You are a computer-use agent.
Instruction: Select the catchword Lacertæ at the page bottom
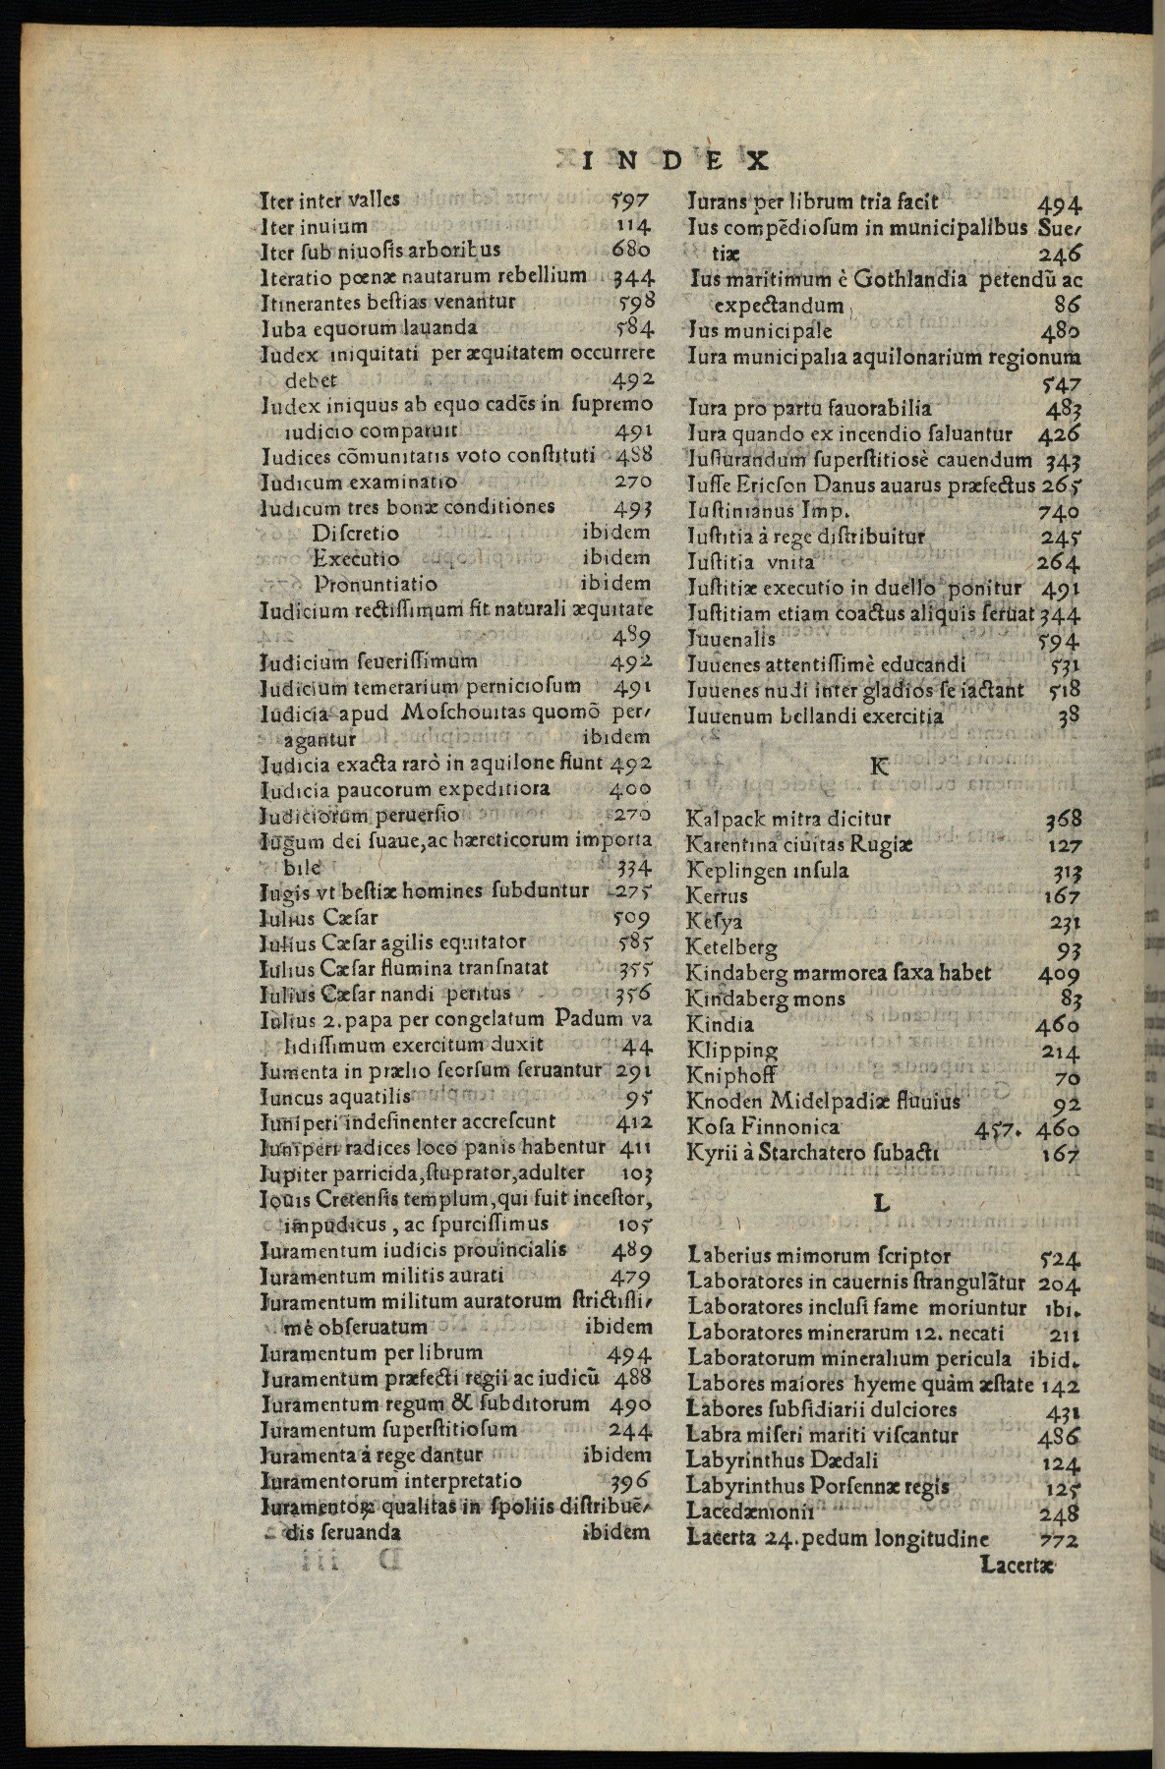coord(1018,1564)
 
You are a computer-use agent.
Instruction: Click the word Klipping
coord(732,1051)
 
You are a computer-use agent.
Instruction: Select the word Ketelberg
coord(731,948)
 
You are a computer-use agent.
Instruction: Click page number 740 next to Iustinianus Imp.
coord(1058,511)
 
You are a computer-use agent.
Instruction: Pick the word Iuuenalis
coord(730,639)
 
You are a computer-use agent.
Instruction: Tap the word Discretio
coord(356,533)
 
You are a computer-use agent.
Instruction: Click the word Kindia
coord(720,1025)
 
